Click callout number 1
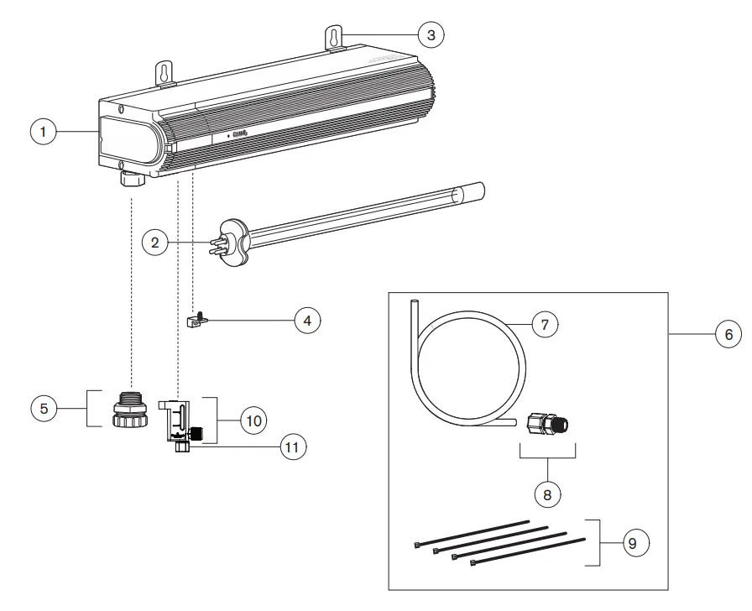click(x=43, y=133)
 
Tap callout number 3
click(x=431, y=34)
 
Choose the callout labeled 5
click(x=44, y=409)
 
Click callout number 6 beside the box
click(x=728, y=334)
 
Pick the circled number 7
click(x=545, y=324)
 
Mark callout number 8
click(x=547, y=494)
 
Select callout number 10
click(x=252, y=419)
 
